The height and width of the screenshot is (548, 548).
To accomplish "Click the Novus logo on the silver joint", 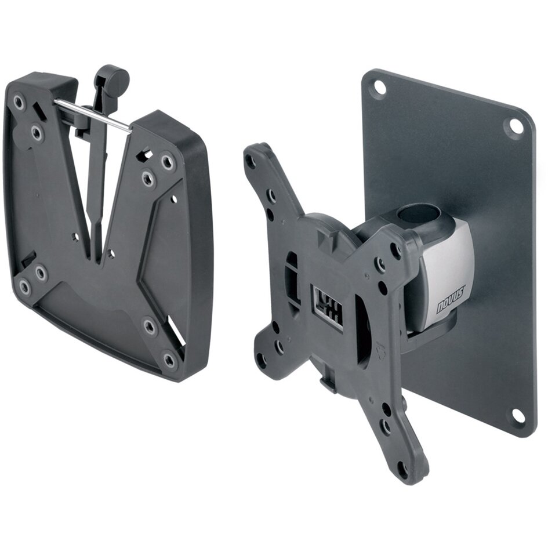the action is tap(451, 300).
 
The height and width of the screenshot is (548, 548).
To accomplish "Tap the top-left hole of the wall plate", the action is tap(379, 86).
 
